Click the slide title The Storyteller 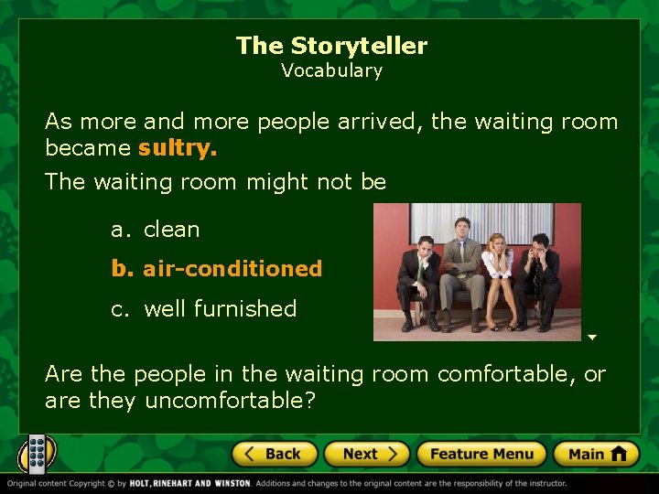coord(331,46)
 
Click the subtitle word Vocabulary coord(331,70)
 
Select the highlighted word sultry coord(178,148)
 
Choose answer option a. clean coord(156,230)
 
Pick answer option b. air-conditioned coord(217,269)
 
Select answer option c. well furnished coord(204,309)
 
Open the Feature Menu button coord(481,454)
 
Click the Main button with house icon coord(597,454)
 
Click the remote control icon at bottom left coord(37,454)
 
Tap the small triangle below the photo coord(592,338)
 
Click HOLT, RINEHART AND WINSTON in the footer coord(190,483)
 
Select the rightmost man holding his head coord(540,279)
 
